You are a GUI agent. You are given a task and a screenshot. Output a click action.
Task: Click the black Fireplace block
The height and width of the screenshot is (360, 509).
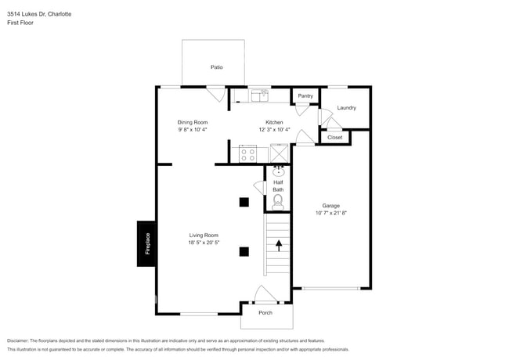coord(146,243)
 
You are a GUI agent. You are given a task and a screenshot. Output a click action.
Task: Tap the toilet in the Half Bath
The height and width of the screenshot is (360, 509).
coord(277,202)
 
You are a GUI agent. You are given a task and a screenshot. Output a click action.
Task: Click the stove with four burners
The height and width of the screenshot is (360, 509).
coord(247,154)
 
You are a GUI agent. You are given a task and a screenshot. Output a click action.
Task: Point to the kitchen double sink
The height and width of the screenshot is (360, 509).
coord(259,95)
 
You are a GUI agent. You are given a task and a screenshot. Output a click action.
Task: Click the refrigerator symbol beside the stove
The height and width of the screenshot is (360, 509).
coord(277,154)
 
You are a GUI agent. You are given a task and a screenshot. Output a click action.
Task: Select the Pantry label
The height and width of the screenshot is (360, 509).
coord(305,96)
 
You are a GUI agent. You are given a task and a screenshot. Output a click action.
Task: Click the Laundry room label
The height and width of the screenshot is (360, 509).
coord(346,108)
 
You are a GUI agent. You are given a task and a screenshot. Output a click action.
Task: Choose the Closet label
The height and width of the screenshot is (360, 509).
coord(335,138)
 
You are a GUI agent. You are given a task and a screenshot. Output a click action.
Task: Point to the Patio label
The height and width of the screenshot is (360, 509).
coord(216,67)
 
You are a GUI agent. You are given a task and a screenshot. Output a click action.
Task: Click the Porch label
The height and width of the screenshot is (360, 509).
coord(265,313)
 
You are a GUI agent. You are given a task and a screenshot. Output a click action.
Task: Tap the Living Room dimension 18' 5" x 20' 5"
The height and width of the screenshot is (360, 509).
coord(204,243)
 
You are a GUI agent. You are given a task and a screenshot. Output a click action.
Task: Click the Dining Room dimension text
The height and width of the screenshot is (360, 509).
coord(192,130)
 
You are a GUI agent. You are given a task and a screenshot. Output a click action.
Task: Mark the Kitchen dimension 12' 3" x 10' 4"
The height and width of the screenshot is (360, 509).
coord(274,130)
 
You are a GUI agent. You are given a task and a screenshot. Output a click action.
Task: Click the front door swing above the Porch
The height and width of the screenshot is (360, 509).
coord(265,295)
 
